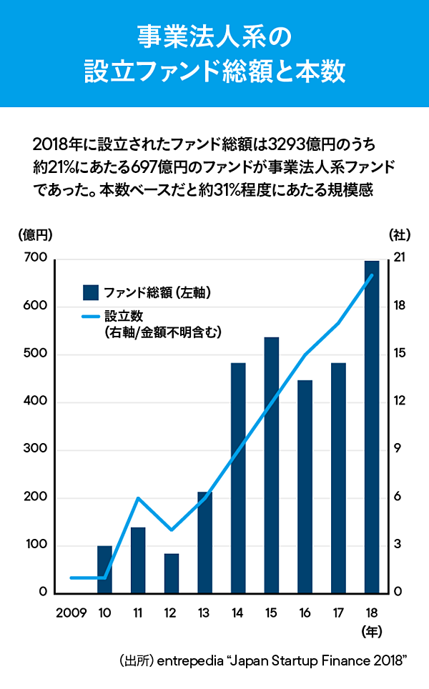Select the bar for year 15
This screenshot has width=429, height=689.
pyautogui.click(x=272, y=465)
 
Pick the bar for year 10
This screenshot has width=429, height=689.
pyautogui.click(x=105, y=569)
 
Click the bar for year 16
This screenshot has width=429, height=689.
pyautogui.click(x=305, y=486)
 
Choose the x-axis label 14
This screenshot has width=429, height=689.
pyautogui.click(x=238, y=613)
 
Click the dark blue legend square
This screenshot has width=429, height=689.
pyautogui.click(x=90, y=292)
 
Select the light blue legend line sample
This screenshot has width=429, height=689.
pyautogui.click(x=90, y=316)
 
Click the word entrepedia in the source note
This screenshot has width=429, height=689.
pyautogui.click(x=188, y=661)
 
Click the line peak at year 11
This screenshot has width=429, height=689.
pyautogui.click(x=139, y=497)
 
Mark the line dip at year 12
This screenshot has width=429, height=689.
pyautogui.click(x=172, y=530)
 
